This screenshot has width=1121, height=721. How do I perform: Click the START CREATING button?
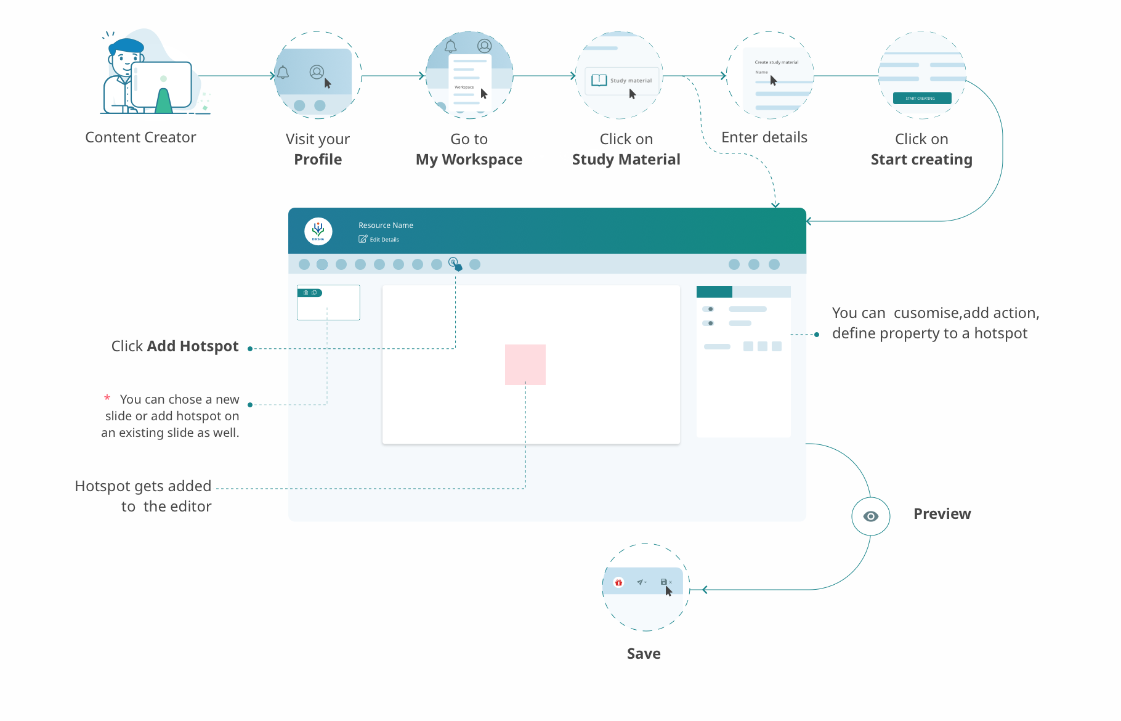pyautogui.click(x=921, y=98)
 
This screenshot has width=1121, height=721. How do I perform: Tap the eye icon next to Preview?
pyautogui.click(x=870, y=516)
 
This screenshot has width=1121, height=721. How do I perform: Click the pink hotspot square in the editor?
pyautogui.click(x=525, y=365)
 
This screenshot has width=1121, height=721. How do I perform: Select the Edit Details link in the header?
pyautogui.click(x=379, y=240)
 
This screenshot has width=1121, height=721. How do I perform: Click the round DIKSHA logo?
pyautogui.click(x=318, y=232)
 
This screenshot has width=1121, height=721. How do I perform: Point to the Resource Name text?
pyautogui.click(x=386, y=226)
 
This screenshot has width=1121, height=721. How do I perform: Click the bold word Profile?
pyautogui.click(x=318, y=160)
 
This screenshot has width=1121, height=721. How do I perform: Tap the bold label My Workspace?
pyautogui.click(x=469, y=160)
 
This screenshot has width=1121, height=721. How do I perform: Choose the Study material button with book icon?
pyautogui.click(x=622, y=81)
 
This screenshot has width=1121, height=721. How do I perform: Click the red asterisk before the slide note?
pyautogui.click(x=107, y=399)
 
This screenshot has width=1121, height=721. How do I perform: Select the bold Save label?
pyautogui.click(x=644, y=654)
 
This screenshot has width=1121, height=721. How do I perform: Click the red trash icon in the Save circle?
pyautogui.click(x=618, y=582)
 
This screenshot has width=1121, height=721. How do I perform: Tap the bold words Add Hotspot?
pyautogui.click(x=192, y=346)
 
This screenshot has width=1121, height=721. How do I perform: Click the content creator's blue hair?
pyautogui.click(x=127, y=46)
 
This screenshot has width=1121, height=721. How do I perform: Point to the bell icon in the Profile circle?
pyautogui.click(x=283, y=73)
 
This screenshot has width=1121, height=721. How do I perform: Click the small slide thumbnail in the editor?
pyautogui.click(x=328, y=303)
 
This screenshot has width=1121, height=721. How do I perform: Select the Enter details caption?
pyautogui.click(x=764, y=137)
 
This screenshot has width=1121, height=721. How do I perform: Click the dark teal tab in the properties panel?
pyautogui.click(x=714, y=292)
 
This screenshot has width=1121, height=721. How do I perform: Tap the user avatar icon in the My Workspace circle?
pyautogui.click(x=485, y=46)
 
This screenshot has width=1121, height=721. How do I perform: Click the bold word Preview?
pyautogui.click(x=942, y=514)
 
